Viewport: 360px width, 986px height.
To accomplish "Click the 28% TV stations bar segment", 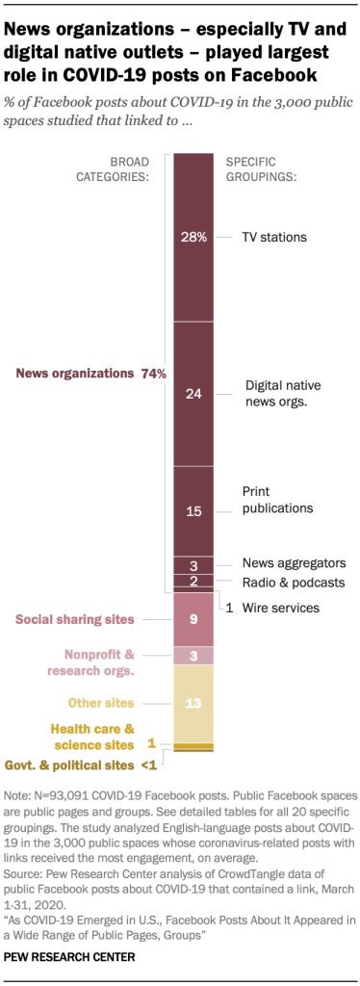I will pyautogui.click(x=193, y=237).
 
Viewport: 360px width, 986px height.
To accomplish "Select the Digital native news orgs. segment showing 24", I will pyautogui.click(x=193, y=393).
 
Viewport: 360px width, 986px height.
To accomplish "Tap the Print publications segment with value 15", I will pyautogui.click(x=193, y=511).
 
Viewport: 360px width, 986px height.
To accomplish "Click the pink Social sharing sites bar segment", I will pyautogui.click(x=193, y=619).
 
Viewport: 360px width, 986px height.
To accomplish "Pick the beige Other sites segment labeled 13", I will pyautogui.click(x=193, y=703).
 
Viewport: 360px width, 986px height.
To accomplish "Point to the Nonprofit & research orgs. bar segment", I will pyautogui.click(x=193, y=655).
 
